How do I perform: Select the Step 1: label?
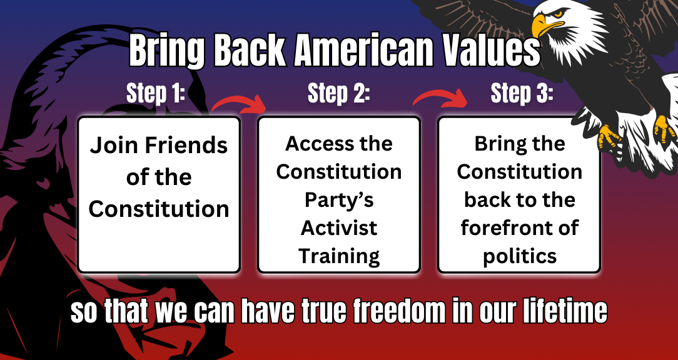click(156, 94)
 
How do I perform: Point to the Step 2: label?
click(339, 94)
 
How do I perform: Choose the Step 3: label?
click(522, 94)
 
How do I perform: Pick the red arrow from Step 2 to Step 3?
click(440, 97)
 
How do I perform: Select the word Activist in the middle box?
click(339, 227)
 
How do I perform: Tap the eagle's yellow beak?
click(544, 24)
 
